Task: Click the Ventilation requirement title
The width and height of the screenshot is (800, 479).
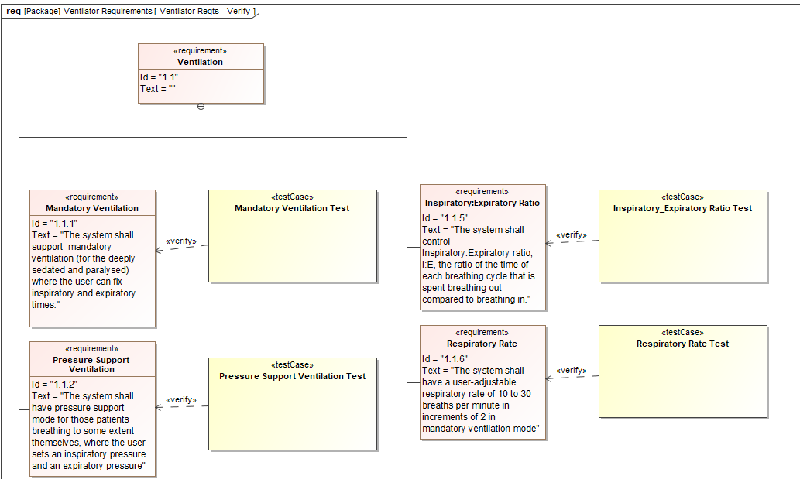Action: pyautogui.click(x=200, y=62)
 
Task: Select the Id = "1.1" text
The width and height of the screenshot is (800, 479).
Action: pyautogui.click(x=160, y=77)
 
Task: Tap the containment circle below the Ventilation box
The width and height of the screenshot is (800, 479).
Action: pyautogui.click(x=201, y=107)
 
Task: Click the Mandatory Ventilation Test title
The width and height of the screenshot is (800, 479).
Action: pyautogui.click(x=292, y=208)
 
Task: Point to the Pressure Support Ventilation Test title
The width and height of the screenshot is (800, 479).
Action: pyautogui.click(x=292, y=376)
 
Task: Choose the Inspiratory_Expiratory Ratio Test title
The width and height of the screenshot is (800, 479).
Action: pyautogui.click(x=682, y=208)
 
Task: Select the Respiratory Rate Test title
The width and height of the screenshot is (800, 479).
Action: pyautogui.click(x=682, y=344)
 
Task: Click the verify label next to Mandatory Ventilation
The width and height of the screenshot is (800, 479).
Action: pyautogui.click(x=181, y=241)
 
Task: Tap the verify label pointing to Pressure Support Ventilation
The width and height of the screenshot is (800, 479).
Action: pyautogui.click(x=181, y=399)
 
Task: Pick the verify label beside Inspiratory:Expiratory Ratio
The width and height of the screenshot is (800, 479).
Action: pyautogui.click(x=572, y=234)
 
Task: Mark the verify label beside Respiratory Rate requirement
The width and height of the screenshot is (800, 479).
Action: pyautogui.click(x=572, y=370)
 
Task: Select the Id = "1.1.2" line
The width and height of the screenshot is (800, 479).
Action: pyautogui.click(x=54, y=385)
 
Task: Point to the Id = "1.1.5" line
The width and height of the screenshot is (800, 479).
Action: pyautogui.click(x=445, y=218)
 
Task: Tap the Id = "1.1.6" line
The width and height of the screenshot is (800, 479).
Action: pyautogui.click(x=445, y=359)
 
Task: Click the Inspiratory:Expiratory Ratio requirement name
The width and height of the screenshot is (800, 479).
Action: pyautogui.click(x=482, y=203)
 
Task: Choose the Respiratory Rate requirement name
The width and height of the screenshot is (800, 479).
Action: pyautogui.click(x=482, y=344)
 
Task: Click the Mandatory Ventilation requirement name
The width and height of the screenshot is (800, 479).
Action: pyautogui.click(x=92, y=208)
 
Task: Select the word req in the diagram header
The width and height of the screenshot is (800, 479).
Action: pyautogui.click(x=13, y=12)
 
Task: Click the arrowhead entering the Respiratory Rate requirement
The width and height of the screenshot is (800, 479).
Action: pyautogui.click(x=549, y=378)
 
